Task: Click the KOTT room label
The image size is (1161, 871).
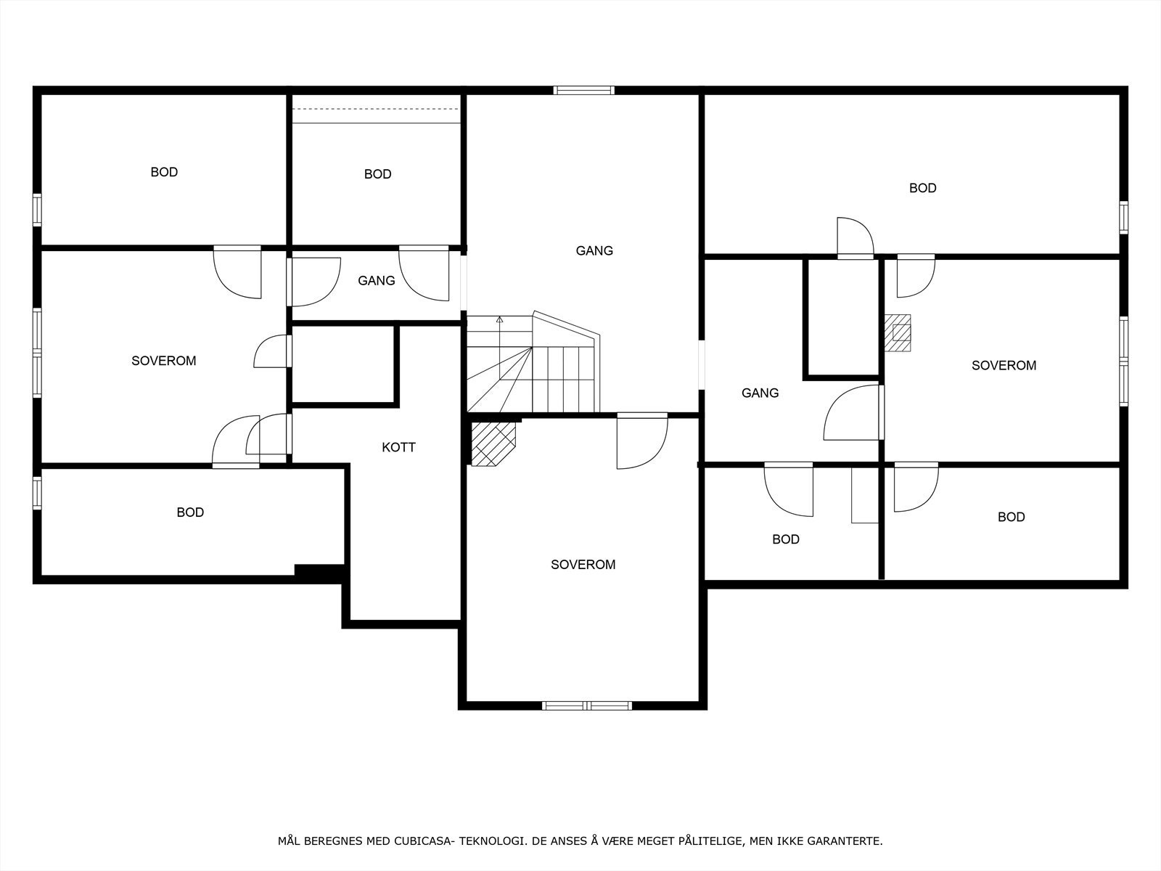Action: tap(398, 447)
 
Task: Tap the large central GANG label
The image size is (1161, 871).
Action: tap(594, 250)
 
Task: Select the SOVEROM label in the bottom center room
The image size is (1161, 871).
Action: tap(583, 565)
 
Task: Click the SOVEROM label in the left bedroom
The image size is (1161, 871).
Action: tap(163, 361)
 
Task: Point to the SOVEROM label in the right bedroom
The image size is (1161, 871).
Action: tap(1004, 365)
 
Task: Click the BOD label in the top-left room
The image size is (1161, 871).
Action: tap(164, 172)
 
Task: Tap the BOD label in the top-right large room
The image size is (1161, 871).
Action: tap(922, 188)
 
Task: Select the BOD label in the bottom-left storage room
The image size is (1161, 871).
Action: tap(190, 512)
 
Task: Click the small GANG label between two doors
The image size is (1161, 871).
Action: tap(376, 280)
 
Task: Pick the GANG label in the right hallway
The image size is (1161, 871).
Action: tap(760, 393)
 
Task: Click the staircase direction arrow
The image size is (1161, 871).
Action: tap(499, 319)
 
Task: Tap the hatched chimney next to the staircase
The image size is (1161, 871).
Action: tap(493, 443)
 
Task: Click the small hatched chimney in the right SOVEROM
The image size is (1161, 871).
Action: tap(898, 332)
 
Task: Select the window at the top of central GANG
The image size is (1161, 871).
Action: tap(584, 91)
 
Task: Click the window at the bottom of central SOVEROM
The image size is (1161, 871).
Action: tap(586, 705)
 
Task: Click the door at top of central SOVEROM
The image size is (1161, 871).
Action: tap(642, 441)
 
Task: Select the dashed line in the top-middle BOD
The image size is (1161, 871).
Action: tap(376, 110)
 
